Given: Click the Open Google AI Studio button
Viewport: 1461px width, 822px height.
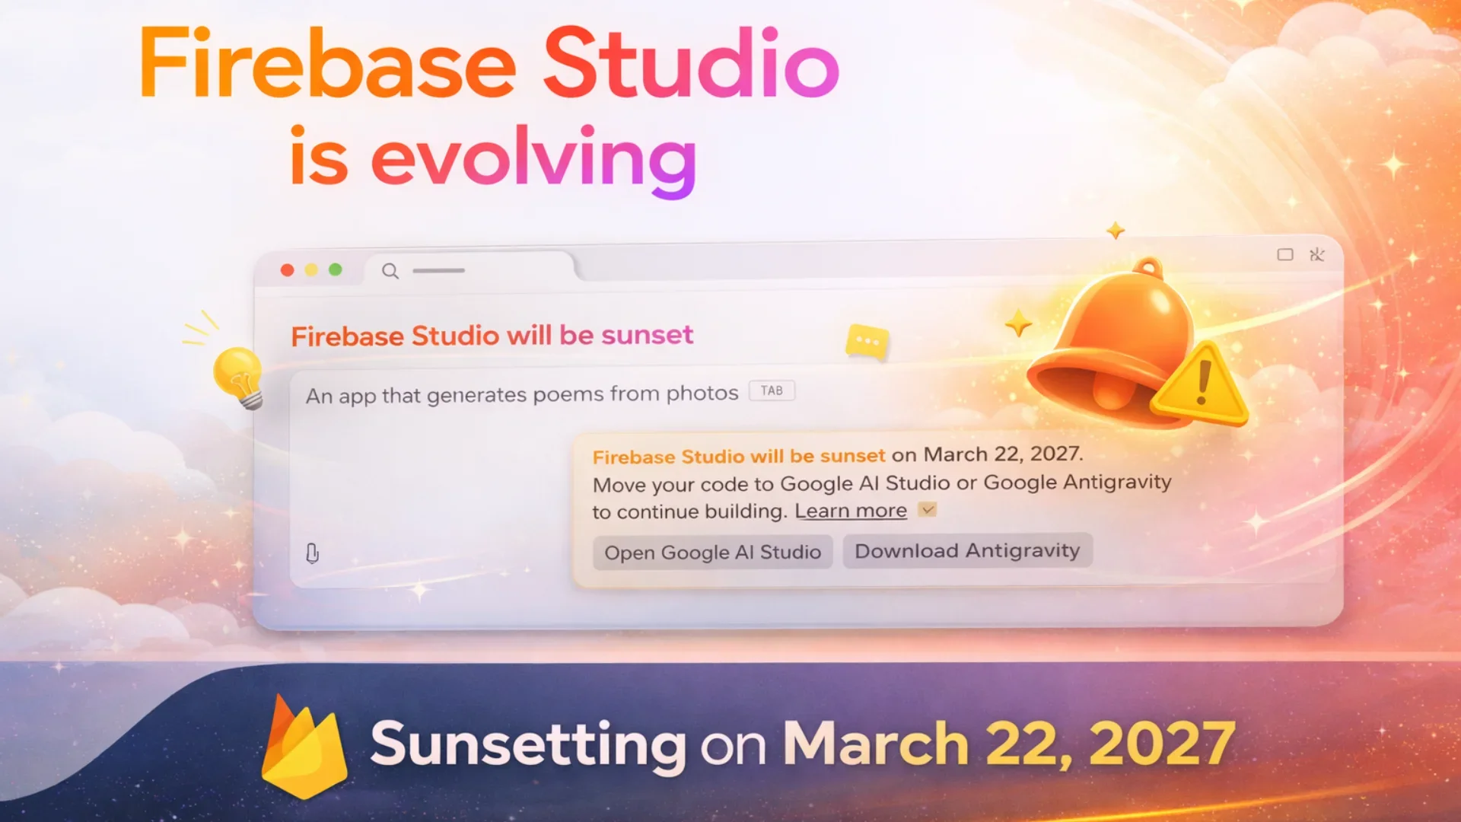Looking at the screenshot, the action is click(712, 553).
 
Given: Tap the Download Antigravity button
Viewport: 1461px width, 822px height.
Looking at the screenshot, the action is click(967, 550).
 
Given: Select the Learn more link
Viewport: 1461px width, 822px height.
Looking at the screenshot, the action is click(851, 511).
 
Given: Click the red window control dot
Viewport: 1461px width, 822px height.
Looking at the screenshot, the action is click(287, 270).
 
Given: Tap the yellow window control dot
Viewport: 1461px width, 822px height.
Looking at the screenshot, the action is click(311, 270).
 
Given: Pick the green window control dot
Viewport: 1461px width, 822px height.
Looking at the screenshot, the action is click(335, 269).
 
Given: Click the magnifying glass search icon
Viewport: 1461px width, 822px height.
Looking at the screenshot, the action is click(390, 271).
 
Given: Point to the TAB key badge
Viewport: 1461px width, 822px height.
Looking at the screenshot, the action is click(772, 390).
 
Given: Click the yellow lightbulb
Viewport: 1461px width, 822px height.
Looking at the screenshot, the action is click(239, 377).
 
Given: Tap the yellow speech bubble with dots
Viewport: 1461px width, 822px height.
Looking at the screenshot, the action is click(867, 341).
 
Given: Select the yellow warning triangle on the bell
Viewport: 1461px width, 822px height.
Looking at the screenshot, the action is click(1200, 384).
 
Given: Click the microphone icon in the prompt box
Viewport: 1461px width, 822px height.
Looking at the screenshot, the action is click(312, 553).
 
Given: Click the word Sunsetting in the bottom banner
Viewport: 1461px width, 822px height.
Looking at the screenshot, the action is click(528, 744).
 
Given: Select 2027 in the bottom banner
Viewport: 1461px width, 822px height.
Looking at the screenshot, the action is click(1162, 743).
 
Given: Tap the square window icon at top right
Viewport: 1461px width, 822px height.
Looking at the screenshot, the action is click(1285, 254).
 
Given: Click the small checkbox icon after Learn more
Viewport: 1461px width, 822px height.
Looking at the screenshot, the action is click(927, 509).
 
